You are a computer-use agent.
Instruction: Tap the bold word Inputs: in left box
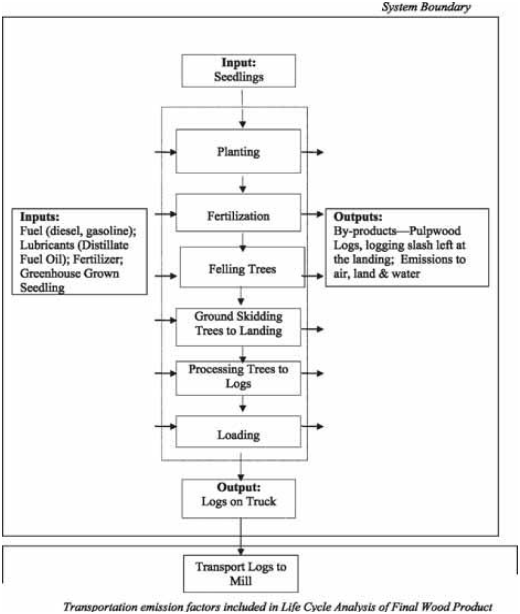pos(40,217)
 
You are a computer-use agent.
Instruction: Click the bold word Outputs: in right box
pos(358,217)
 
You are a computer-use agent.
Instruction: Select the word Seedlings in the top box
pos(238,77)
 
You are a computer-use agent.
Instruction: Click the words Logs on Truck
pos(238,501)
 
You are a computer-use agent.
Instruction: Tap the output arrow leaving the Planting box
pos(312,152)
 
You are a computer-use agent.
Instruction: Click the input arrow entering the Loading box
pos(165,426)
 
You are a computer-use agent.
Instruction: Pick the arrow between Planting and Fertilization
pos(242,185)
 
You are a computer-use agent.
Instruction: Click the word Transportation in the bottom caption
pos(100,607)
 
